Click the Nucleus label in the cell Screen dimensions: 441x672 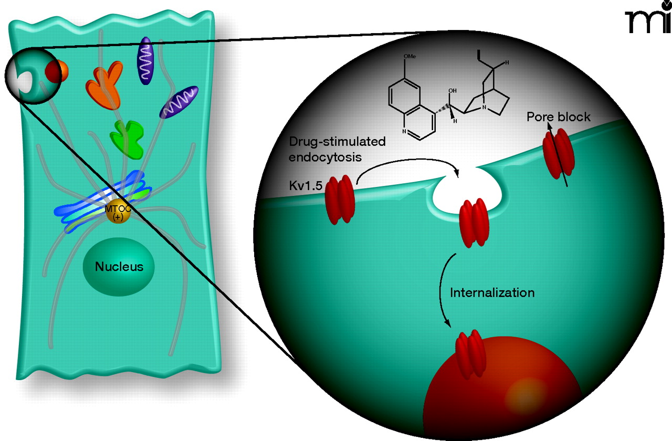coord(119,266)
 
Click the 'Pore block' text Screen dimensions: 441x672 coord(559,117)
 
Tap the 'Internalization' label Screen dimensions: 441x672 coord(492,292)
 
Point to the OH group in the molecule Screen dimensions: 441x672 coord(451,91)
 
